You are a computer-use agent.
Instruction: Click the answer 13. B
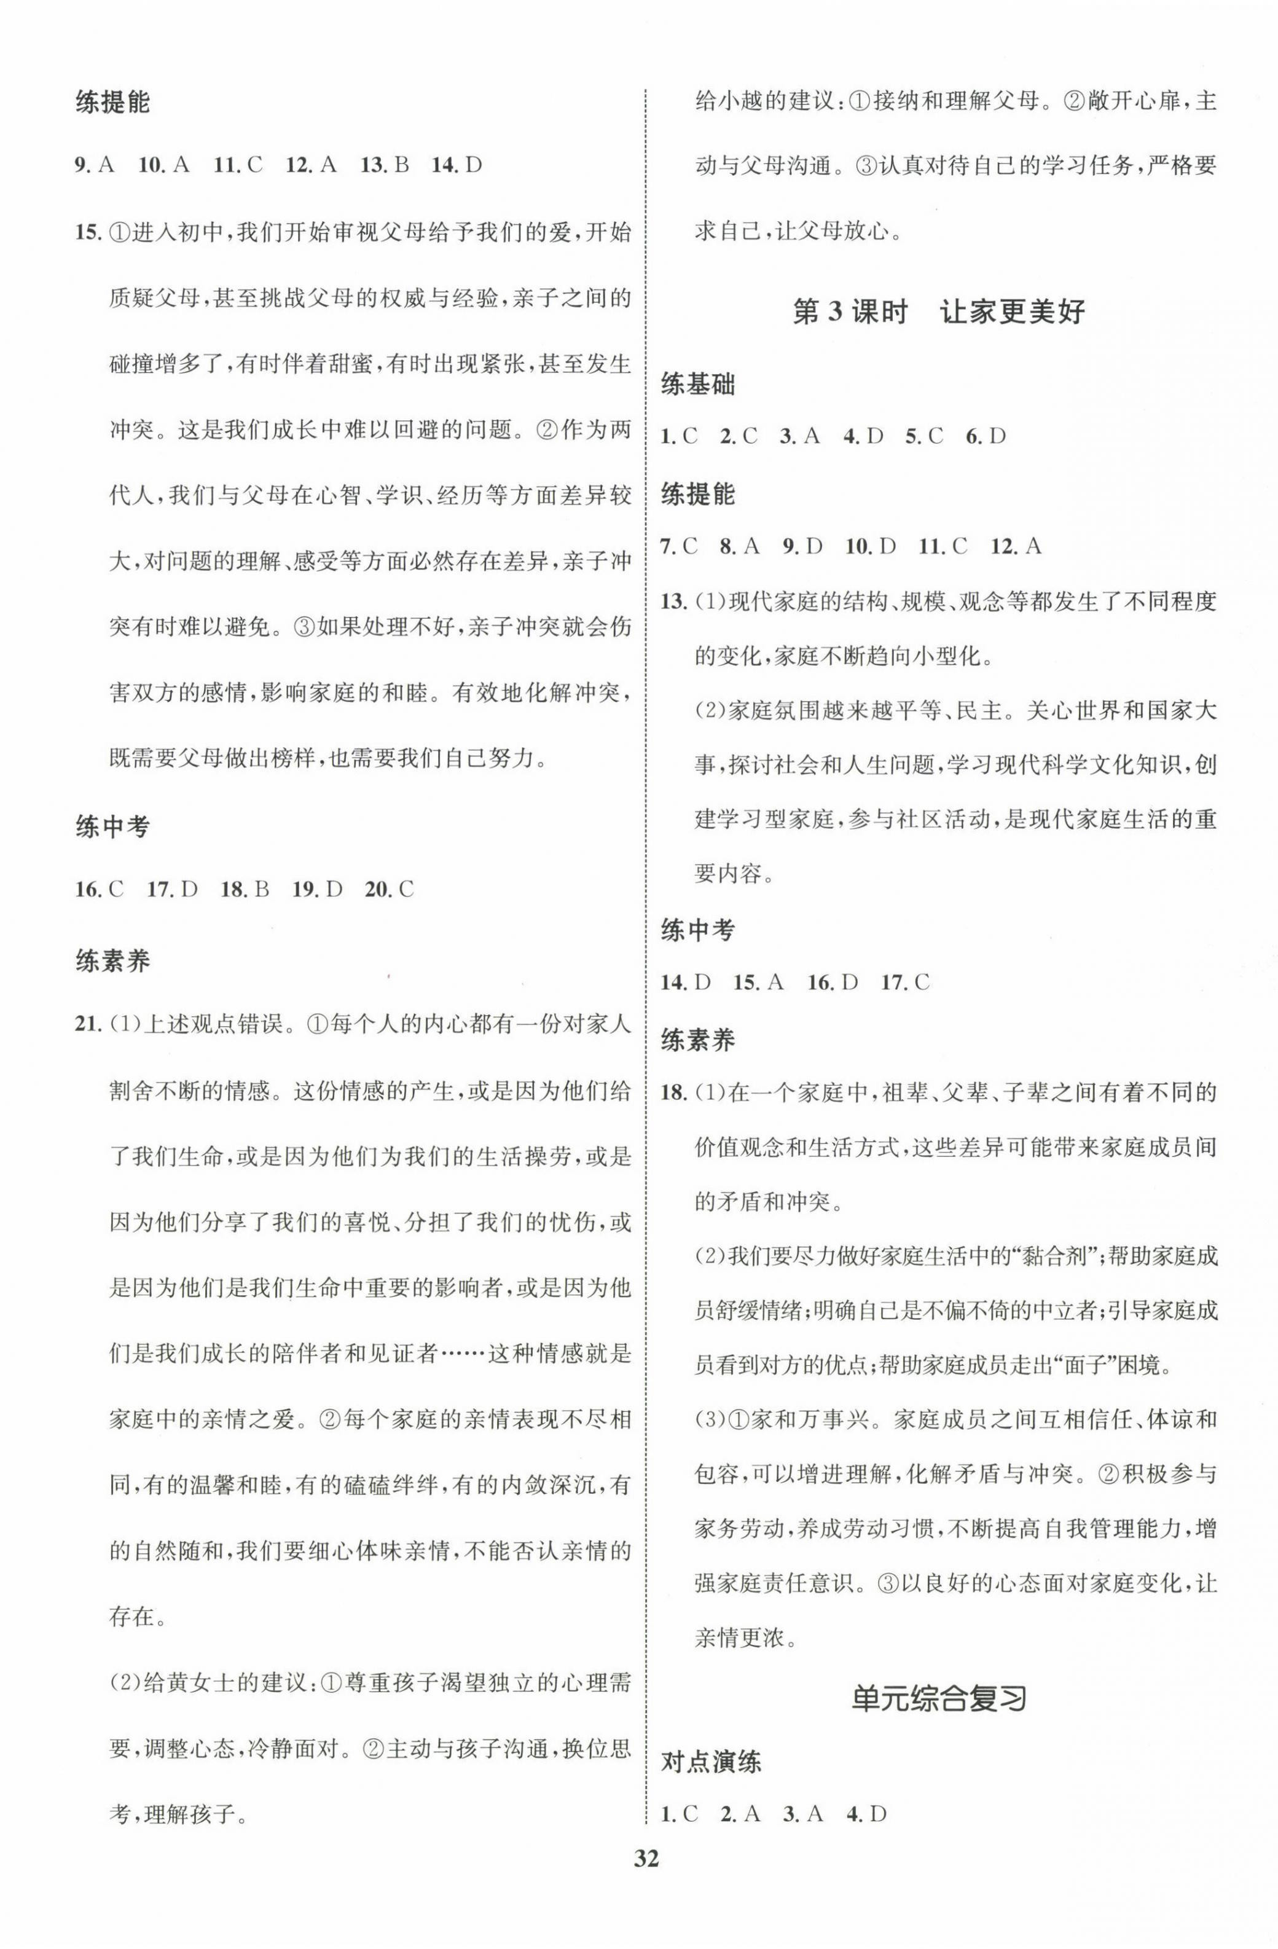pos(384,165)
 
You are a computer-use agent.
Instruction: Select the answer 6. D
pos(985,436)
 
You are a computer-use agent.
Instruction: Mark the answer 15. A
pos(758,982)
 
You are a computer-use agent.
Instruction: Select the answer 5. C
pos(923,436)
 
